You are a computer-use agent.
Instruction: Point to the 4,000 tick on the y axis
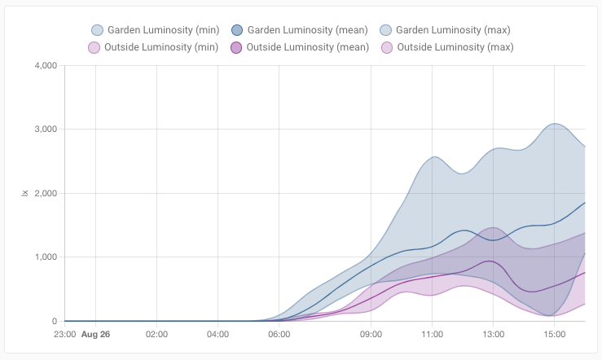coord(42,65)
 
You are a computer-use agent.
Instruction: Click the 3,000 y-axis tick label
coord(42,130)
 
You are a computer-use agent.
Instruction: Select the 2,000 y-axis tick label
coord(42,193)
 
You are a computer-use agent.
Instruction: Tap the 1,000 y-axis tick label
coord(42,257)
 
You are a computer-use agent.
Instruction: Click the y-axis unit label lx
coord(24,193)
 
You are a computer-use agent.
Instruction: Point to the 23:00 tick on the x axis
coord(65,335)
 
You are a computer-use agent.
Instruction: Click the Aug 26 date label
coord(96,335)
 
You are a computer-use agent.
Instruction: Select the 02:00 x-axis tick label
coord(156,335)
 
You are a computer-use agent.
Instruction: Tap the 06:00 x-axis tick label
coord(279,335)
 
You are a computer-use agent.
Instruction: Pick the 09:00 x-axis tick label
coord(371,335)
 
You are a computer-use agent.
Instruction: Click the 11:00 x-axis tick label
coord(432,335)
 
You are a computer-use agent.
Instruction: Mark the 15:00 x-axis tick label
coord(554,335)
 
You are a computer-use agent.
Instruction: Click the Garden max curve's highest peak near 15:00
coord(555,124)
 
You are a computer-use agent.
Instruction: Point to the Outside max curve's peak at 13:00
coord(493,227)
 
